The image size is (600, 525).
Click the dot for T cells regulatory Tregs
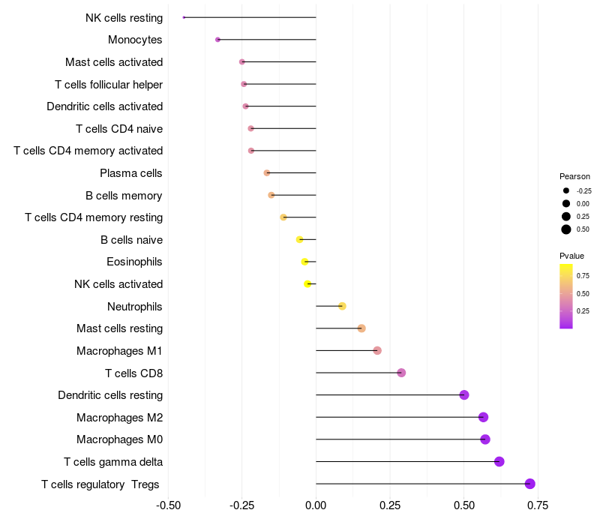point(530,484)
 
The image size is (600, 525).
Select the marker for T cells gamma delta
point(499,461)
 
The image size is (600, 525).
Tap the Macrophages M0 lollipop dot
point(485,439)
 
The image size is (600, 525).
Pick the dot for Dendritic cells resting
point(464,394)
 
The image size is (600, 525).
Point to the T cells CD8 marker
point(401,373)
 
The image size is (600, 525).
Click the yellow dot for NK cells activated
point(307,283)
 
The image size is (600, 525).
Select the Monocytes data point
point(217,39)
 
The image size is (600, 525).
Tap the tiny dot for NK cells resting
point(184,17)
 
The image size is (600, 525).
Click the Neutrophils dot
point(342,306)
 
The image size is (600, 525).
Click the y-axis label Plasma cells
point(131,173)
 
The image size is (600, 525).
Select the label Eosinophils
point(134,262)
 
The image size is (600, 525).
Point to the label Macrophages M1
point(119,350)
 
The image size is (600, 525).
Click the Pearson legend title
point(574,176)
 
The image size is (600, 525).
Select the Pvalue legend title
point(571,256)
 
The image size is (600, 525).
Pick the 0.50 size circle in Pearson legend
point(566,229)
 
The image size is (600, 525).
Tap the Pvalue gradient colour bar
point(566,295)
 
